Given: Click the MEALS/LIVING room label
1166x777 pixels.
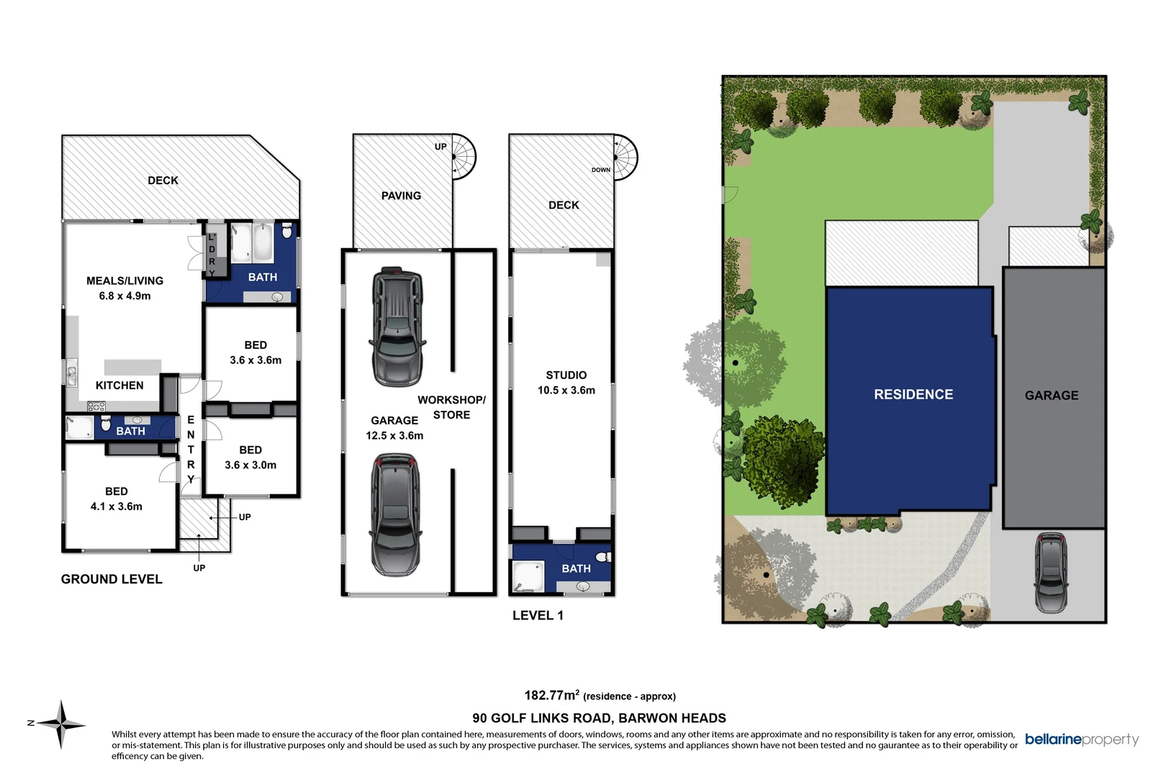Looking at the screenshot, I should [x=125, y=281].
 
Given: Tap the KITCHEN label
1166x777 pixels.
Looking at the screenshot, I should [x=119, y=386].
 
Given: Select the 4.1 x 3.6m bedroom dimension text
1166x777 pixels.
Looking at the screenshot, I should [x=116, y=506].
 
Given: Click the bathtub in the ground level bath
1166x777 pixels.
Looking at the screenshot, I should [x=263, y=244].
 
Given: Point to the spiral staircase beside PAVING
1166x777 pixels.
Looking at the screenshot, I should [x=464, y=157].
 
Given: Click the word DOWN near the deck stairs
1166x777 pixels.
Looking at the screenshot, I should [x=601, y=170].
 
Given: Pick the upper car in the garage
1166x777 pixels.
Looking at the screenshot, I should [x=397, y=327].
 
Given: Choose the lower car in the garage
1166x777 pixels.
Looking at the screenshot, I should [x=394, y=514].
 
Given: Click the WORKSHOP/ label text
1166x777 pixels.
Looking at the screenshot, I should [x=451, y=400].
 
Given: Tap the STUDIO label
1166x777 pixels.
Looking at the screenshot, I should [x=566, y=375].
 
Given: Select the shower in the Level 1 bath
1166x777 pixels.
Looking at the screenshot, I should [x=527, y=576].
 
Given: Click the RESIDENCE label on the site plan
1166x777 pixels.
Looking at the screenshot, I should [x=913, y=394].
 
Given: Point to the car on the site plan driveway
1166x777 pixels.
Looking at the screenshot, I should [x=1051, y=573].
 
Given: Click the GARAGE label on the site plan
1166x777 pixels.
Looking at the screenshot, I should [x=1052, y=396].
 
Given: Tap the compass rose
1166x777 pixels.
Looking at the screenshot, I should [x=62, y=724].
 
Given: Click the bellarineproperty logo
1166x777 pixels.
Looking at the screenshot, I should [x=1082, y=740].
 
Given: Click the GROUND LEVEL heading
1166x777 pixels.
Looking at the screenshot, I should [x=112, y=579].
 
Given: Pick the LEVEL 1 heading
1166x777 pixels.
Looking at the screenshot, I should [x=538, y=615].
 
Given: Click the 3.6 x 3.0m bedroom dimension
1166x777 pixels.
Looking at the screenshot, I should [x=250, y=465].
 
